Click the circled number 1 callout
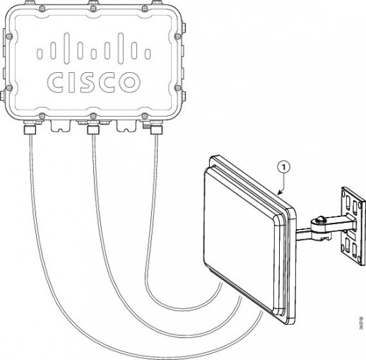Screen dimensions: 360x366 pyautogui.click(x=283, y=168)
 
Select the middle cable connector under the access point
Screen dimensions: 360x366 pyautogui.click(x=92, y=130)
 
